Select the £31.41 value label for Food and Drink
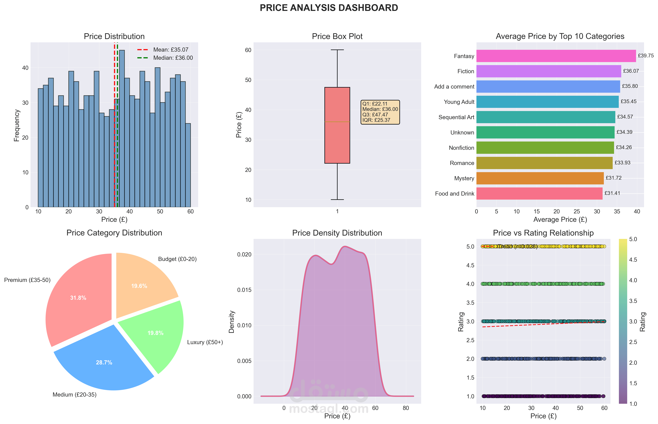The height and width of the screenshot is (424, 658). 612,193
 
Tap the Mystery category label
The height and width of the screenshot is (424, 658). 464,178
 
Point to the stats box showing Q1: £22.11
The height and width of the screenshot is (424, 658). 380,112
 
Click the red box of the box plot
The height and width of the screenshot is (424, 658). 337,125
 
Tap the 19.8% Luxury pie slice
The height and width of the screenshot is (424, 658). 155,333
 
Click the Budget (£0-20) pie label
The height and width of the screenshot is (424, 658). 177,259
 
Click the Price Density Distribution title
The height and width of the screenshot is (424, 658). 337,233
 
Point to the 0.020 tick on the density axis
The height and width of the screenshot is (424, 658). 244,254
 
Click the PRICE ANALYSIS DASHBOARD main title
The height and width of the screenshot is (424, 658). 329,8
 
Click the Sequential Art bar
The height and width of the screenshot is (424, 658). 546,117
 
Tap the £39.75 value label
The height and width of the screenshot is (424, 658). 646,56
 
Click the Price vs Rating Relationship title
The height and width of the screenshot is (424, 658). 543,233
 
